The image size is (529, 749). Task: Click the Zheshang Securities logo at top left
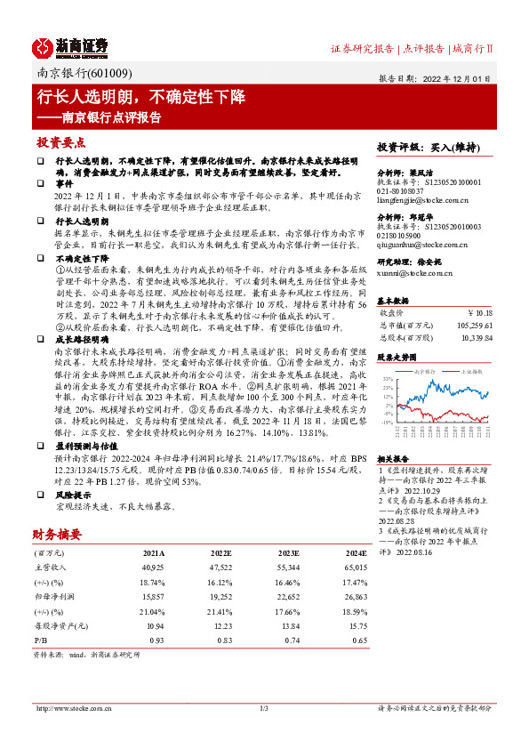click(x=71, y=46)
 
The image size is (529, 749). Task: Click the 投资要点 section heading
click(x=60, y=142)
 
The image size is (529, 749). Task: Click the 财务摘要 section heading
click(x=58, y=534)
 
